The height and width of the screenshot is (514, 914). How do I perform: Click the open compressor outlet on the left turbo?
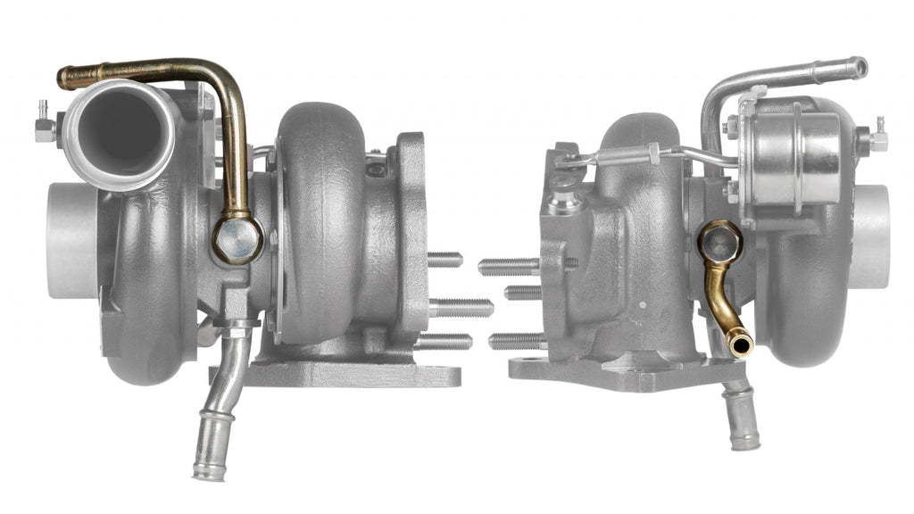tap(120, 132)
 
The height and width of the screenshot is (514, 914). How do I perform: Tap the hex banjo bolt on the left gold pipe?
tap(237, 240)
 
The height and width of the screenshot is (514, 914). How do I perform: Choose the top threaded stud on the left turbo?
tap(444, 260)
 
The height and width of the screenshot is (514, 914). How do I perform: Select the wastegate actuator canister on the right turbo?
tap(794, 156)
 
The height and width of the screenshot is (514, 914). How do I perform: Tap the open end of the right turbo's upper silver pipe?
tap(858, 67)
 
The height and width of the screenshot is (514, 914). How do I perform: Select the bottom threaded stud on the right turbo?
tap(516, 340)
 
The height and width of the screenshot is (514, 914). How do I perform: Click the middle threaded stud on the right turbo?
tap(524, 292)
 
